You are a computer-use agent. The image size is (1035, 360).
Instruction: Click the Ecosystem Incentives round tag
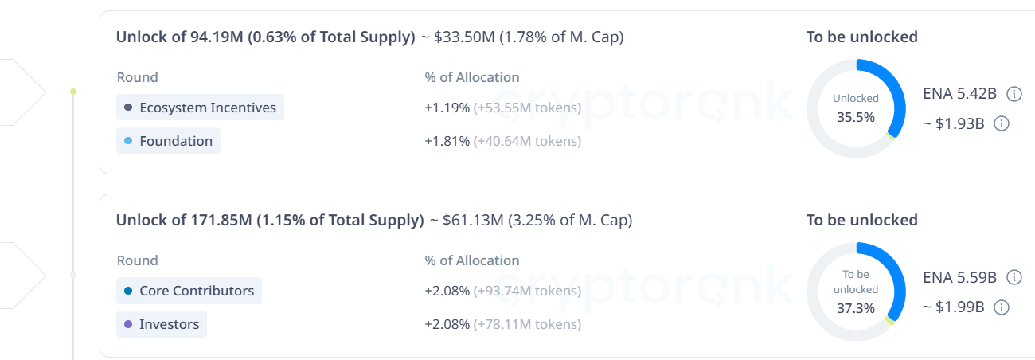point(200,108)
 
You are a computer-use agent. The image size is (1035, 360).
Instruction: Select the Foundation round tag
point(168,141)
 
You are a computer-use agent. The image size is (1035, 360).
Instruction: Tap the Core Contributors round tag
point(189,291)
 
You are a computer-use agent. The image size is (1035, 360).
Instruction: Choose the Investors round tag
point(162,324)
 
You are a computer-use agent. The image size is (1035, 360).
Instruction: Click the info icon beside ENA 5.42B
point(1014,94)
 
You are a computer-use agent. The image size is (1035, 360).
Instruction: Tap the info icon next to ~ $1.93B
point(1002,123)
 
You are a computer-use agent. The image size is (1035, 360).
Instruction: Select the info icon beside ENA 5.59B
point(1014,277)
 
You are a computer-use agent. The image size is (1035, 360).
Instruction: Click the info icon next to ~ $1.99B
point(1002,307)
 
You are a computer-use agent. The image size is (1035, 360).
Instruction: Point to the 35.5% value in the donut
point(856,117)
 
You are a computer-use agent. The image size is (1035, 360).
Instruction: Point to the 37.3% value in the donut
point(856,307)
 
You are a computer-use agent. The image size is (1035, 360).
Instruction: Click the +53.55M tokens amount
point(527,108)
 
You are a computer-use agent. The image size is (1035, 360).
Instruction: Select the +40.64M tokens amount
point(527,141)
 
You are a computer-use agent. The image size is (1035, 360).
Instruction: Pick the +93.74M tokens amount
point(527,291)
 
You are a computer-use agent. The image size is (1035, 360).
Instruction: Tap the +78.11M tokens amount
point(527,324)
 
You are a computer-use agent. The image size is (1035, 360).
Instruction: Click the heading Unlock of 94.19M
point(265,37)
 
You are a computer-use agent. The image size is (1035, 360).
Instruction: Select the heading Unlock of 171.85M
point(270,221)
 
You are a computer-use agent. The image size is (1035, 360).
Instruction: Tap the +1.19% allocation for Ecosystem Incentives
point(447,108)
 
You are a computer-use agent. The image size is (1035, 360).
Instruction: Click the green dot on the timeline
point(73,92)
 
